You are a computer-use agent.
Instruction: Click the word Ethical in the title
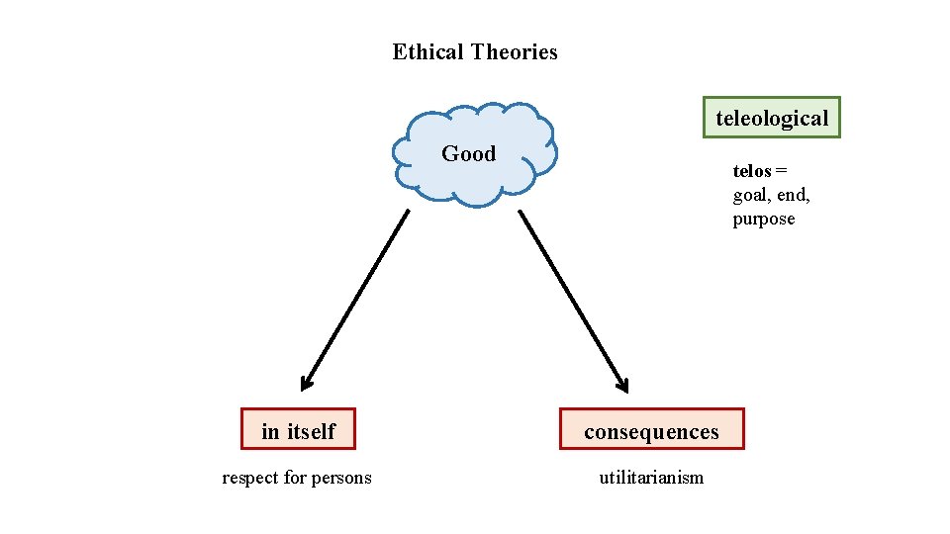coord(428,52)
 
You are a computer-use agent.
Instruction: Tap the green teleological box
coord(772,118)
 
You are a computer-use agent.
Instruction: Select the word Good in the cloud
coord(468,153)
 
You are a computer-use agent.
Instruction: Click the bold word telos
coord(751,171)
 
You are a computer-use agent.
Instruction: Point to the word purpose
coord(763,220)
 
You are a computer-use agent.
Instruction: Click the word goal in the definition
coord(751,195)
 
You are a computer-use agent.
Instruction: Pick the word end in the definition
coord(792,195)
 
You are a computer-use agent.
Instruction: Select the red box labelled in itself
coord(298,430)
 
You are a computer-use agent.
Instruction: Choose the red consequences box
coord(651,430)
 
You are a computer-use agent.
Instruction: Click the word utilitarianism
coord(651,478)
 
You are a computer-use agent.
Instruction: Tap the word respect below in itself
coord(250,479)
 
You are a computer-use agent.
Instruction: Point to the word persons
coord(341,479)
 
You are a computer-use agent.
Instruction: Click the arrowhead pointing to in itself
coord(306,384)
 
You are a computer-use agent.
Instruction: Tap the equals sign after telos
coord(781,171)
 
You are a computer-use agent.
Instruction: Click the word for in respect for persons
coord(295,479)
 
